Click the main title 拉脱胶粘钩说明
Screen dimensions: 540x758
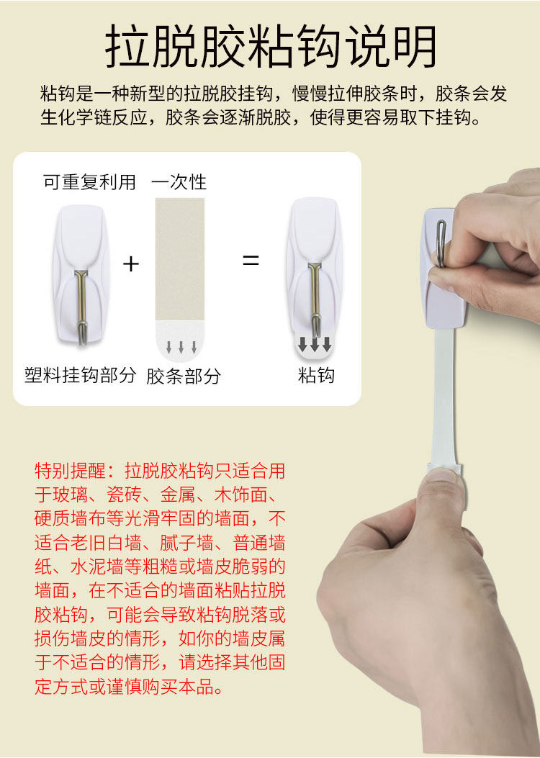271,46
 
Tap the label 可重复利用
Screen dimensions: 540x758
89,182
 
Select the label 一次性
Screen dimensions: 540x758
179,182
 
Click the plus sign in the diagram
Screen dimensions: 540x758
131,263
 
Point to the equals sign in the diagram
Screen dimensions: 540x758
251,261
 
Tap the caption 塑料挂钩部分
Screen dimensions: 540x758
80,375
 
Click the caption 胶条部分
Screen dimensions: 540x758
184,376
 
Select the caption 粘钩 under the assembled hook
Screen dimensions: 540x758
316,375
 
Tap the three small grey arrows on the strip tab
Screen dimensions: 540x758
181,347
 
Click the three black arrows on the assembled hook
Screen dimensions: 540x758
314,343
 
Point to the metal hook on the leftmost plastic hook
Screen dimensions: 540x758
81,304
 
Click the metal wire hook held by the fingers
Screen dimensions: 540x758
441,242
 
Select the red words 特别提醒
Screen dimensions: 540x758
71,470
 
